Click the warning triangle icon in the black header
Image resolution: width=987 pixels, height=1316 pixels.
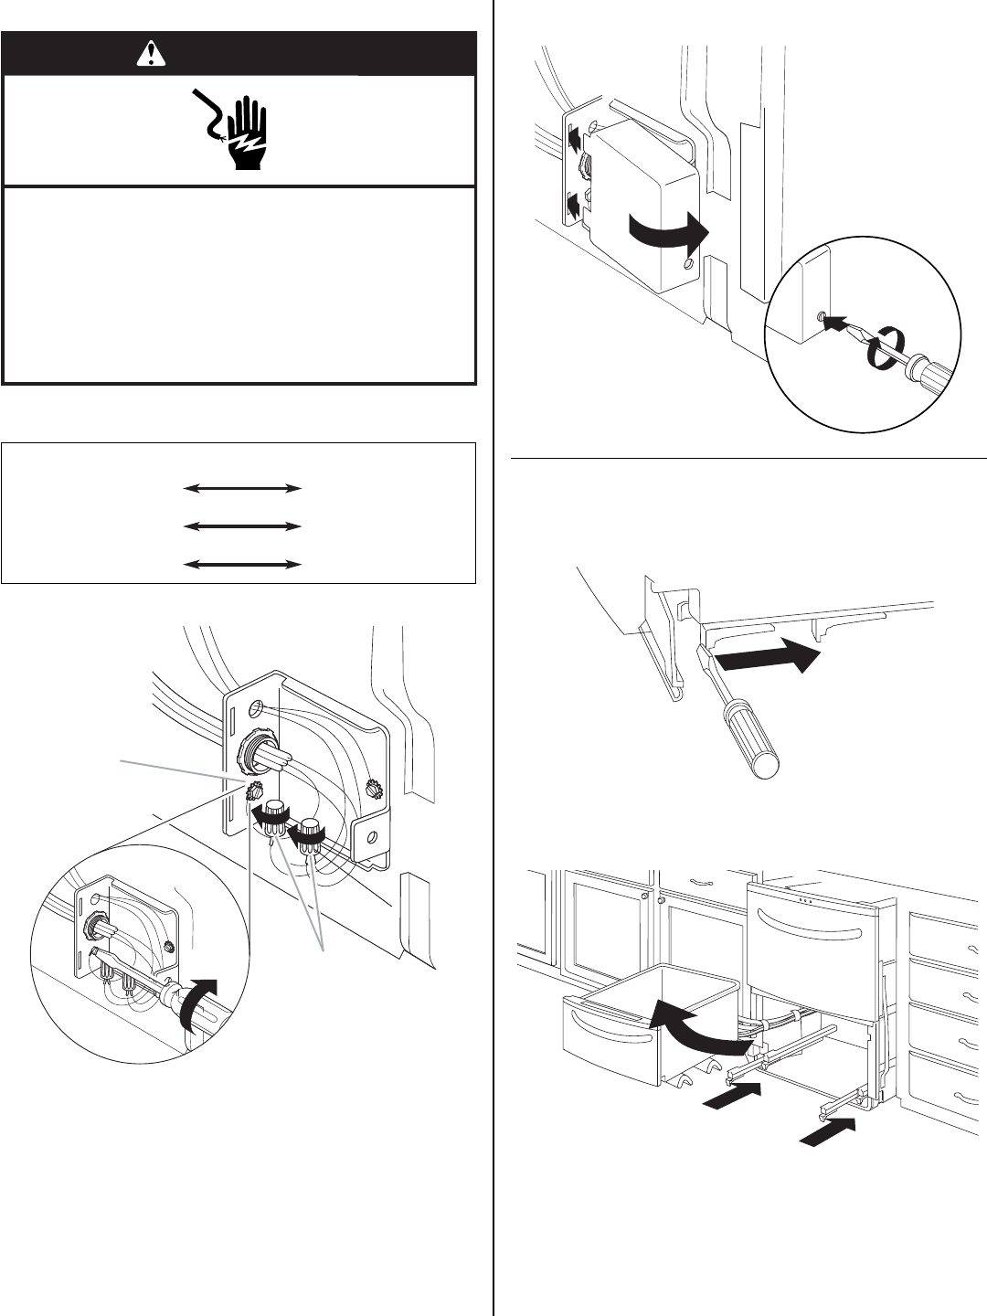coord(146,55)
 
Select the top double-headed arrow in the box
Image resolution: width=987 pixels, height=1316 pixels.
coord(242,489)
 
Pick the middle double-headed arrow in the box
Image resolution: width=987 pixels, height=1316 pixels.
coord(242,526)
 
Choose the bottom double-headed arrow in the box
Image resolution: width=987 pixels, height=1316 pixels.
coord(242,565)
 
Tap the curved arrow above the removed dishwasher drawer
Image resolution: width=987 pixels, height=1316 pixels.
coord(700,1019)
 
